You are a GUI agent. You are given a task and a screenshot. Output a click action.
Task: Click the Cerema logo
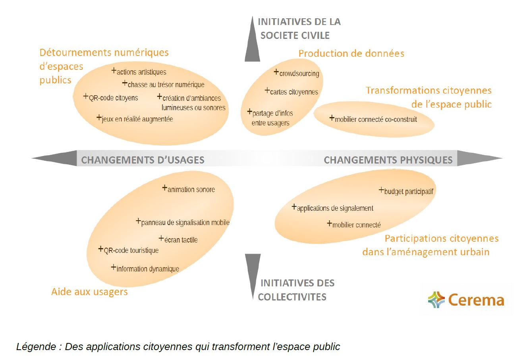point(466,300)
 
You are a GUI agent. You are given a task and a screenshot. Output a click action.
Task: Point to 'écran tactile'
point(180,240)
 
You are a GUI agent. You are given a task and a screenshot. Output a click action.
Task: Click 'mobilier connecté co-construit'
point(375,119)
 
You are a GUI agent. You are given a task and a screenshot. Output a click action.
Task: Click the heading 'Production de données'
point(351,53)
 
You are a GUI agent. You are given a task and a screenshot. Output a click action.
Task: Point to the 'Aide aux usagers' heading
point(89,292)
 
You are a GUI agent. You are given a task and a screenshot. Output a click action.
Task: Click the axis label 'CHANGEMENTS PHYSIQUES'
point(388,160)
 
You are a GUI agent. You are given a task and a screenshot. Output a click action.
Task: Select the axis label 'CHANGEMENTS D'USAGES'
point(143,160)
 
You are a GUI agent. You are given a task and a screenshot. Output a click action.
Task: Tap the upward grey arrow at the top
point(252,40)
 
